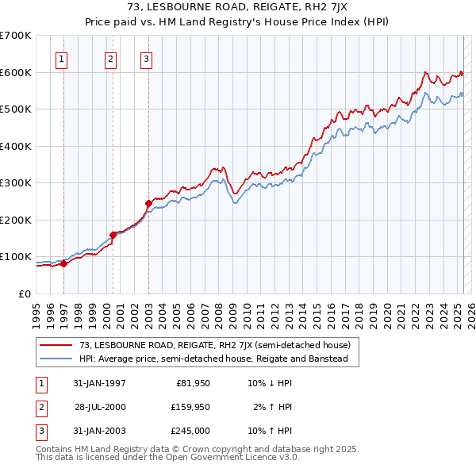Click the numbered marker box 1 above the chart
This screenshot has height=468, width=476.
pos(62,58)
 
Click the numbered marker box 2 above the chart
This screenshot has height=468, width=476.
pos(110,58)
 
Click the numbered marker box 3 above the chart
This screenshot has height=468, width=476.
pos(147,58)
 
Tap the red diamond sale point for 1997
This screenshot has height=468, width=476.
pos(64,264)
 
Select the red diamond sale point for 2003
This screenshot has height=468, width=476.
pos(148,204)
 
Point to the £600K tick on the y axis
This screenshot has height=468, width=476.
pos(16,72)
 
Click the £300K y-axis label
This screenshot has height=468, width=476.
pos(16,183)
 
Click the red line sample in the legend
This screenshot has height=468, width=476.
pos(56,345)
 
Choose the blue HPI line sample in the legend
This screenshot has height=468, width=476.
pos(56,359)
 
